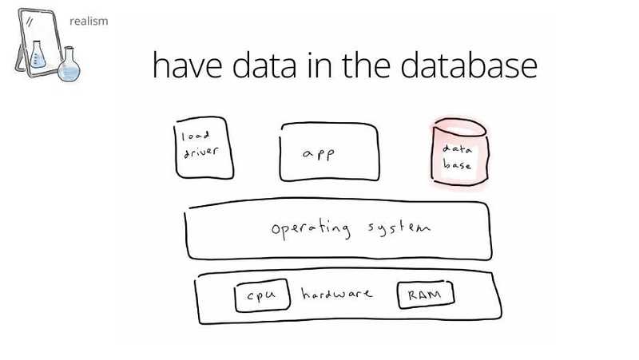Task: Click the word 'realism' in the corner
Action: click(x=89, y=21)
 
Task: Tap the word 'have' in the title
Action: click(x=188, y=65)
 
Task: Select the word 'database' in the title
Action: click(x=469, y=65)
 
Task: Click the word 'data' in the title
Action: click(x=264, y=65)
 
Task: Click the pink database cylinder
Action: click(x=460, y=152)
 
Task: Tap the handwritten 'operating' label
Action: click(x=311, y=228)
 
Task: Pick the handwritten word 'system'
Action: click(x=399, y=227)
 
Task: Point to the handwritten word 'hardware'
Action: click(x=336, y=293)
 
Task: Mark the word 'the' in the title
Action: click(x=366, y=65)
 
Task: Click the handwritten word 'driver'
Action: click(x=200, y=152)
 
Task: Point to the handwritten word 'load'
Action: click(x=195, y=135)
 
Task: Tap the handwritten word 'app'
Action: click(x=319, y=155)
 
